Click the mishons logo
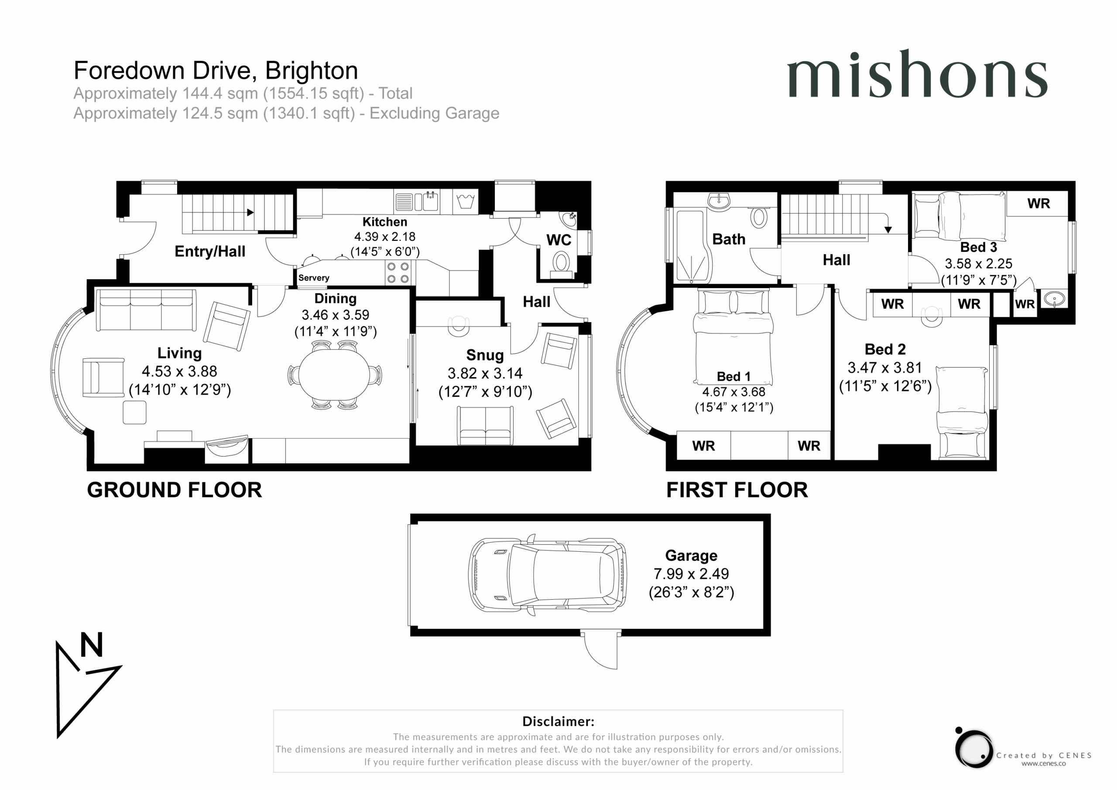917,74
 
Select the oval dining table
334,375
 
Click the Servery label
314,278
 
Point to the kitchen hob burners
398,273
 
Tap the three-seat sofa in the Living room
146,310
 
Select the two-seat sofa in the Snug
485,426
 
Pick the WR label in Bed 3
1038,203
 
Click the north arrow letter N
92,645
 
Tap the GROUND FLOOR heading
174,490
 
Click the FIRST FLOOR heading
737,490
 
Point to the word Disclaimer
558,721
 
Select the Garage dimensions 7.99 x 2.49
691,574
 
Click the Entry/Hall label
210,252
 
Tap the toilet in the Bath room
759,218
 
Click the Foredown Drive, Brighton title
216,71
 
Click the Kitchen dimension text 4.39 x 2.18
385,237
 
